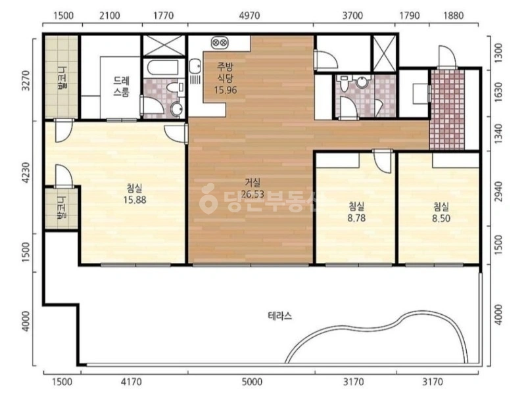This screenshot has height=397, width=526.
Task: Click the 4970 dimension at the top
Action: tap(250, 16)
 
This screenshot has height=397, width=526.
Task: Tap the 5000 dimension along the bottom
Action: tap(252, 382)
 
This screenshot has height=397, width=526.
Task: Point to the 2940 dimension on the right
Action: tap(499, 192)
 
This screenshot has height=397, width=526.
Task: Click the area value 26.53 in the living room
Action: tap(252, 194)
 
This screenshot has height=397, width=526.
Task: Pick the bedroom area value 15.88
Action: tap(135, 200)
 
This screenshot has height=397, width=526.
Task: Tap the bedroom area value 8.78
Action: tap(356, 218)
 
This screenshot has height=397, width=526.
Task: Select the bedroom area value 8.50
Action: tap(441, 219)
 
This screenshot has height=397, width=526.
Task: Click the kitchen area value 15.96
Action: tap(226, 90)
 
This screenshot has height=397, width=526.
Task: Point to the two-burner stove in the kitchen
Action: tap(220, 43)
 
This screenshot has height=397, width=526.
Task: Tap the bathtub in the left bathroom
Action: tap(162, 68)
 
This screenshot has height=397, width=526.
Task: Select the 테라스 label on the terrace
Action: tap(280, 316)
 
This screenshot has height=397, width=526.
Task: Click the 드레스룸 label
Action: tap(121, 87)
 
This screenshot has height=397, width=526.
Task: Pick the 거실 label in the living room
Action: tap(252, 183)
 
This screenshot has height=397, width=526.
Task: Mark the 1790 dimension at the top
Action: tap(410, 16)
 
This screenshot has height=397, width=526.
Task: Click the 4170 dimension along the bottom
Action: tap(131, 382)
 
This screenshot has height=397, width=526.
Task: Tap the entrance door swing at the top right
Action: tap(447, 57)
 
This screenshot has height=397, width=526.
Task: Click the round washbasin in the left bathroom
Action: tap(176, 109)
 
